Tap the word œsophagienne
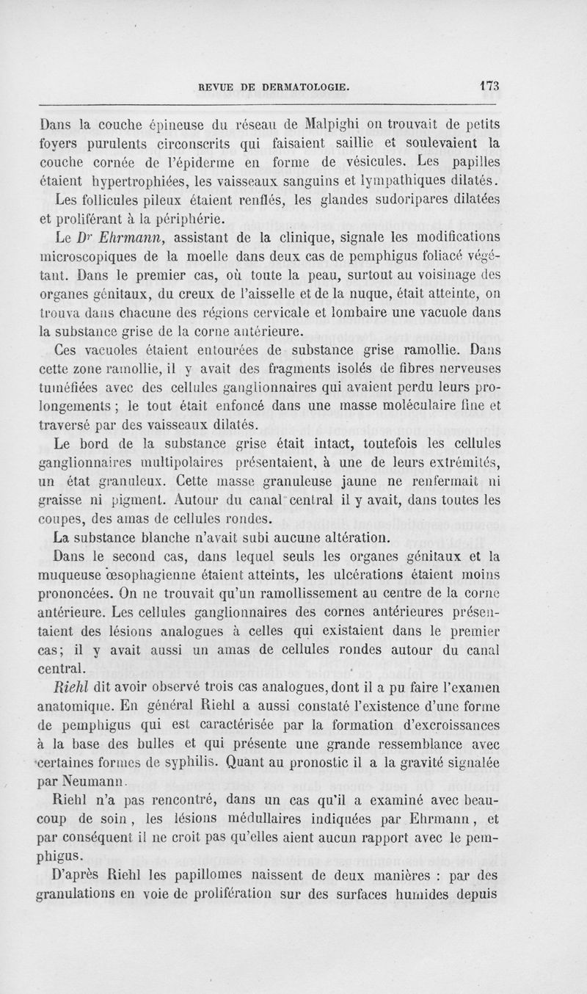point(170,576)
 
